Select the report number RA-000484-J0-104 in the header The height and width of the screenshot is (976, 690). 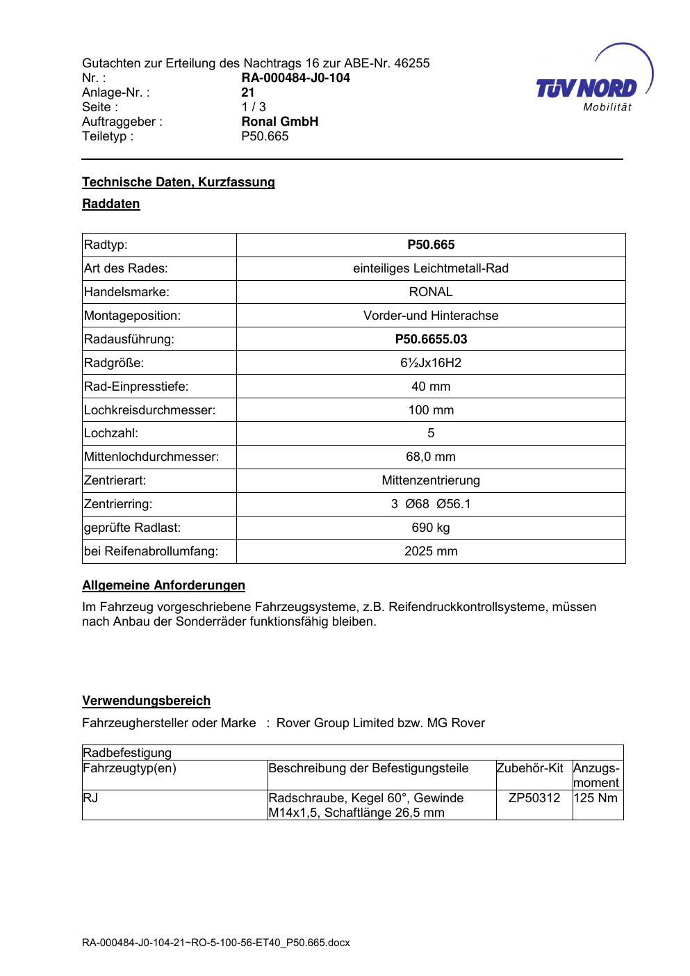(x=295, y=78)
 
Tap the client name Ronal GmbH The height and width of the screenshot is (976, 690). (x=279, y=122)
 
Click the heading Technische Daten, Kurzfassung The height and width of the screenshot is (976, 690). (x=179, y=182)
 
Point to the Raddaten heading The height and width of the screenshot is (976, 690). (x=111, y=204)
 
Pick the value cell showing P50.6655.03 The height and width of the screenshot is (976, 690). (x=431, y=339)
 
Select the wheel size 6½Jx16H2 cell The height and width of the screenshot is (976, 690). (x=431, y=363)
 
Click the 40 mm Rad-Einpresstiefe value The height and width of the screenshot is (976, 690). (x=431, y=387)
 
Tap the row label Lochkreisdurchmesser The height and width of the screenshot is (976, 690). (x=149, y=410)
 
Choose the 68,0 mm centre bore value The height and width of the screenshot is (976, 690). (x=431, y=457)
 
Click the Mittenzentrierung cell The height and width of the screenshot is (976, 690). (x=431, y=480)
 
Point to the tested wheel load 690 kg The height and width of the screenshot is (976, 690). (x=431, y=528)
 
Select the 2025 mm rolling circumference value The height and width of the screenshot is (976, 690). (x=431, y=551)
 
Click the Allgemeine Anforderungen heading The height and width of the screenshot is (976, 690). (x=163, y=585)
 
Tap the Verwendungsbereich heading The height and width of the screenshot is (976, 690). (x=146, y=701)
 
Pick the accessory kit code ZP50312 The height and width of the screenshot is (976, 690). (x=534, y=798)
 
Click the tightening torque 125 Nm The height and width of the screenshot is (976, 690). (x=596, y=798)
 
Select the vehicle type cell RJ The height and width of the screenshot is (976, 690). (x=90, y=798)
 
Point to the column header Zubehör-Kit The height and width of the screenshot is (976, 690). (x=529, y=768)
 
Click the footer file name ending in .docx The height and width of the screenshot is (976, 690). (x=216, y=943)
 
